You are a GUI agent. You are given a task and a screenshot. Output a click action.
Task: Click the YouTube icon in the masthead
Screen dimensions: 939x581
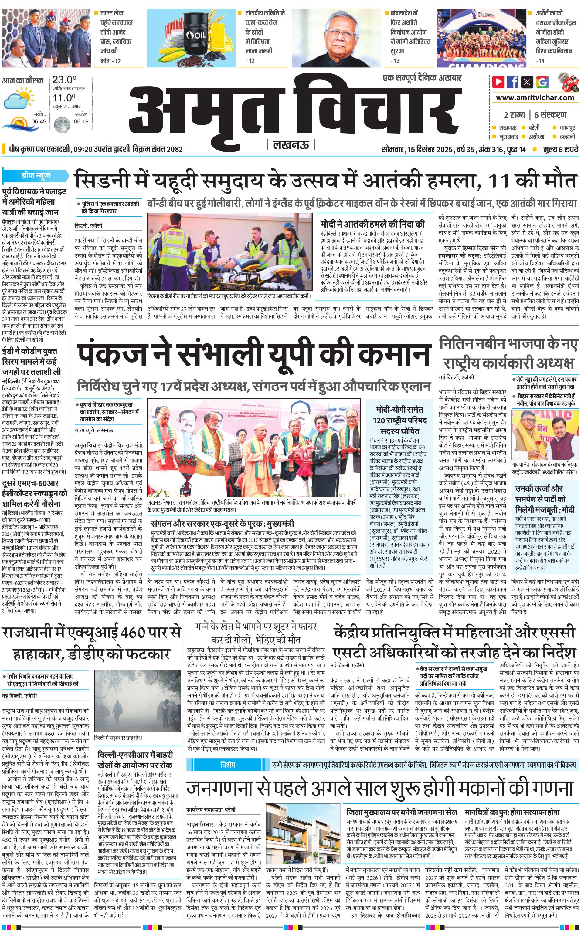coord(498,82)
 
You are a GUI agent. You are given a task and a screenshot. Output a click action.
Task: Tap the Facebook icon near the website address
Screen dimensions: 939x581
coord(513,82)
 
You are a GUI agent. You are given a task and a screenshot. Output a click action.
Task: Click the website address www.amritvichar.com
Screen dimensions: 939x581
coord(535,98)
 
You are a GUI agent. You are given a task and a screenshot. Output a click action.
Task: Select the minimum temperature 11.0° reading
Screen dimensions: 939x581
coord(64,98)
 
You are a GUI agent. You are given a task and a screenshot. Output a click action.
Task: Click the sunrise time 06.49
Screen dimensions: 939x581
coord(39,121)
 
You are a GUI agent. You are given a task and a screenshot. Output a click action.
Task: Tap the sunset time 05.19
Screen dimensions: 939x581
coord(81,121)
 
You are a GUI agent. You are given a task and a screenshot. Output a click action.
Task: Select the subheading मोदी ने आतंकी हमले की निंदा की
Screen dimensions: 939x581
coord(373,224)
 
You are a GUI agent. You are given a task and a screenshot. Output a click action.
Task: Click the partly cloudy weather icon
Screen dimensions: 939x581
coord(19,98)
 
